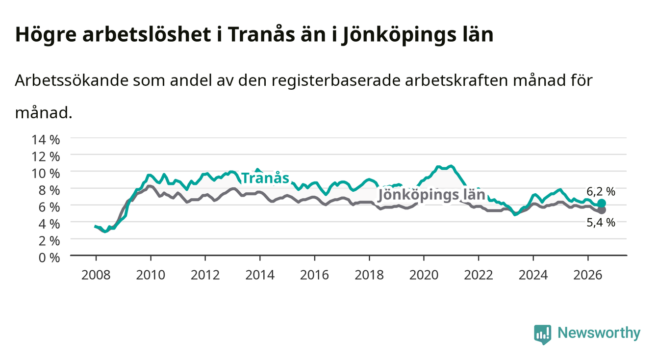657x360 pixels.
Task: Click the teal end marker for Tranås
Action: point(602,203)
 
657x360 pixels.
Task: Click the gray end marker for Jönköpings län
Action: point(602,210)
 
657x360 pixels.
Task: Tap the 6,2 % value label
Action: point(601,192)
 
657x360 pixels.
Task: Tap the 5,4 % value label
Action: point(601,223)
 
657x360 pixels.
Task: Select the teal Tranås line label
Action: point(265,178)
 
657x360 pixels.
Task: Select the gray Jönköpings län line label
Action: point(431,195)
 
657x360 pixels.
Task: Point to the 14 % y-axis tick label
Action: point(46,140)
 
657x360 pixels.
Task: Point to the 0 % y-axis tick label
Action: point(49,257)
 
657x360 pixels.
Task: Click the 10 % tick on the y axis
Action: point(46,174)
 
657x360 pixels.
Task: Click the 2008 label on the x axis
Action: point(96,275)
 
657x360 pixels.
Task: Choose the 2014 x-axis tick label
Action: point(260,275)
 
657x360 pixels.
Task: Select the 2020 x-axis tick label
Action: point(424,275)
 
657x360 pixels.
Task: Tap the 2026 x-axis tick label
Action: point(588,275)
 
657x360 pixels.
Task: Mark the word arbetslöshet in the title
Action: point(147,34)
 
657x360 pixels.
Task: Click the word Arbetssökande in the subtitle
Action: point(72,80)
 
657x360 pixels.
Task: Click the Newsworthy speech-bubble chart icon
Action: point(543,334)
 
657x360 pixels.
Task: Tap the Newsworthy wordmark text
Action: point(599,334)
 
